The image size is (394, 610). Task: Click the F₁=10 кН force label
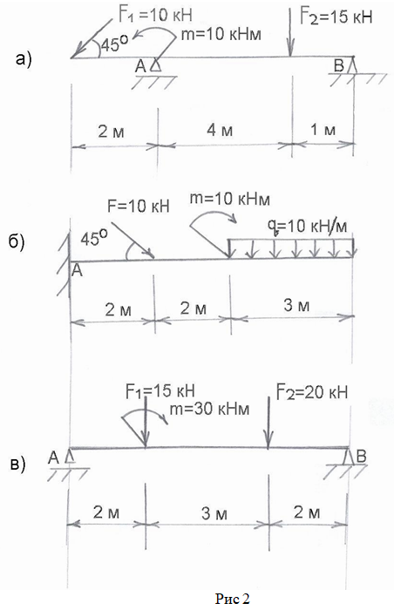coord(155,15)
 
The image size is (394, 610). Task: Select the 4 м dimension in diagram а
coord(220,130)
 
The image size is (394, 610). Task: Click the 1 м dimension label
coord(323,130)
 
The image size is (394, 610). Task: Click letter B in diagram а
coord(339,65)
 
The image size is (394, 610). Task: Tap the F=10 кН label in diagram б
coord(139,206)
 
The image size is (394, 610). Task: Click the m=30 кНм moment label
coord(209,409)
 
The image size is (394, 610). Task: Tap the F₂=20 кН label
coord(312,392)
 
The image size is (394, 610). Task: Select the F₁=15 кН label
coord(160,391)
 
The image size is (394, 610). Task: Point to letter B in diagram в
coord(361,456)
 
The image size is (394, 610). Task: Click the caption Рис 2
coord(233,599)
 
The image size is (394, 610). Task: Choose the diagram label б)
coord(17,242)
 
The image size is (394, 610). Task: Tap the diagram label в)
coord(17,464)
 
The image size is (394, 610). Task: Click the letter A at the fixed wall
coord(78,270)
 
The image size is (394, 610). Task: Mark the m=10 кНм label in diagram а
coord(221,34)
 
